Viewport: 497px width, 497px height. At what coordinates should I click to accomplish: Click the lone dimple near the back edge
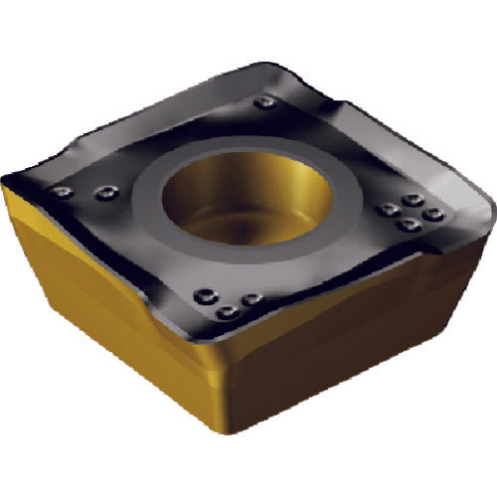point(263,102)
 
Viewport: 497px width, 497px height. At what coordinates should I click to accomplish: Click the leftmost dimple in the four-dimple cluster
point(383,210)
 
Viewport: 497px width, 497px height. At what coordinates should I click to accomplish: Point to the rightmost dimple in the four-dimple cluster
point(430,214)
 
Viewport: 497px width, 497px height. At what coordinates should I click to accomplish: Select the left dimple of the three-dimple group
point(208,294)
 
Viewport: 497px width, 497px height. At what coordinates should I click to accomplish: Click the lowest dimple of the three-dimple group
point(228,312)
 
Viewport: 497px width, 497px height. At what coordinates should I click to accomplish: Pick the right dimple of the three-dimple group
point(251,298)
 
